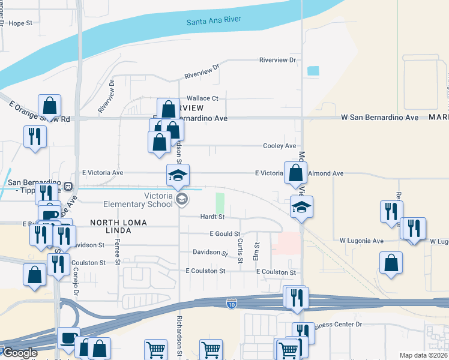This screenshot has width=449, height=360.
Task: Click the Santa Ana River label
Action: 214,20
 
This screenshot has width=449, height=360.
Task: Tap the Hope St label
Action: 20,23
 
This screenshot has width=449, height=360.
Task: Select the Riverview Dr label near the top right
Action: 278,60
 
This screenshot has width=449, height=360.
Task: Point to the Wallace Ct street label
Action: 202,98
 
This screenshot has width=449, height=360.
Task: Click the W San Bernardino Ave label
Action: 379,118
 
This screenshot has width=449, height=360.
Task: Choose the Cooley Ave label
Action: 280,146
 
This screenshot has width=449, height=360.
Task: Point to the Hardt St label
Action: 211,217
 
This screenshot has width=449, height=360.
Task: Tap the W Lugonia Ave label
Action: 361,241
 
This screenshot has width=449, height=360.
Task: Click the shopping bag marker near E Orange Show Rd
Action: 50,106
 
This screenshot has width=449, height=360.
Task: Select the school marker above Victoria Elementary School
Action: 178,175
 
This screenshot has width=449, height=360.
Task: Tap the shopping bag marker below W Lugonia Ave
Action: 391,263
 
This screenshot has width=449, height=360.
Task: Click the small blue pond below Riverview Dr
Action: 313,70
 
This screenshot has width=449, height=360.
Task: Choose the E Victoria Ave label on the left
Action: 97,172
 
